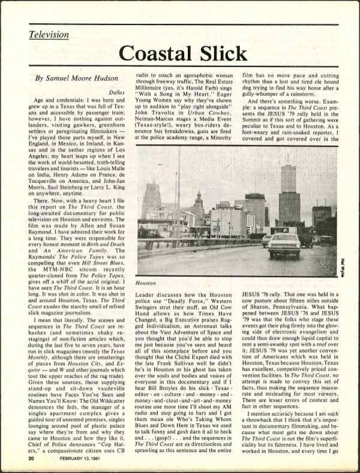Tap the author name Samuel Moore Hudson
click(79, 78)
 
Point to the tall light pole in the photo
click(178, 204)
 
